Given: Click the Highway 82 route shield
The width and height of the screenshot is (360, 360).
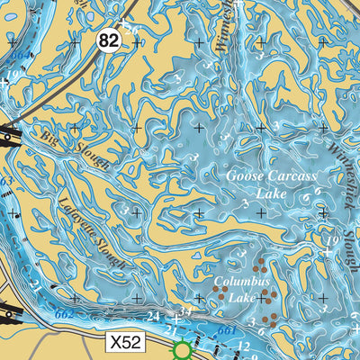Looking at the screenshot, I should pyautogui.click(x=110, y=40).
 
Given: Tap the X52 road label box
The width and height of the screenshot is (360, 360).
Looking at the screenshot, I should pyautogui.click(x=125, y=343).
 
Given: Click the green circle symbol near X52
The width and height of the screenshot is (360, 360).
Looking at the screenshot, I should pyautogui.click(x=183, y=350).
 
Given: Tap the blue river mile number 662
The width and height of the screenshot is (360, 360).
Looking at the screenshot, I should pyautogui.click(x=64, y=315).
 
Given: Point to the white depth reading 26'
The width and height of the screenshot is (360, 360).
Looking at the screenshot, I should pyautogui.click(x=132, y=30).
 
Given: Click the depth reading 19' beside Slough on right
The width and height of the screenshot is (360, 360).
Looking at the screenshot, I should pyautogui.click(x=332, y=241).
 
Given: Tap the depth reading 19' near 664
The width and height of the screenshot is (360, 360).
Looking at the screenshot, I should pyautogui.click(x=14, y=75).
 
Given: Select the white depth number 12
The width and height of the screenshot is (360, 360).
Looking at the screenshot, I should pyautogui.click(x=243, y=346).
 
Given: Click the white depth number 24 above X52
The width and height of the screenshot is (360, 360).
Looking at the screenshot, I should pyautogui.click(x=153, y=317).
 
